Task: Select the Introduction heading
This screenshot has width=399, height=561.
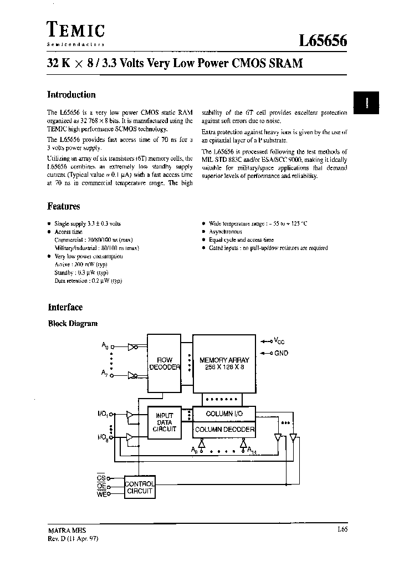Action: [71, 95]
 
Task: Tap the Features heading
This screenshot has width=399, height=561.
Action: [64, 206]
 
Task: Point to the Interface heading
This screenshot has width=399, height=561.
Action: [65, 307]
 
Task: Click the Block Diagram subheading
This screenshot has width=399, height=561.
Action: [73, 324]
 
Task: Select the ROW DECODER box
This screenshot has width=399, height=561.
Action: [165, 364]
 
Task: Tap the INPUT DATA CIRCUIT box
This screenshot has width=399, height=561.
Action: [165, 422]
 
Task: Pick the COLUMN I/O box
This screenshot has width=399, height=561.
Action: [224, 414]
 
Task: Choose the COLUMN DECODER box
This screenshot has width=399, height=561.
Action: [224, 429]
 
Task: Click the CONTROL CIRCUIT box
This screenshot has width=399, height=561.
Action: [139, 487]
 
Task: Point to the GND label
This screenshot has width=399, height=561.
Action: [281, 353]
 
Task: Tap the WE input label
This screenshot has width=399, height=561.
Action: [101, 493]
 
